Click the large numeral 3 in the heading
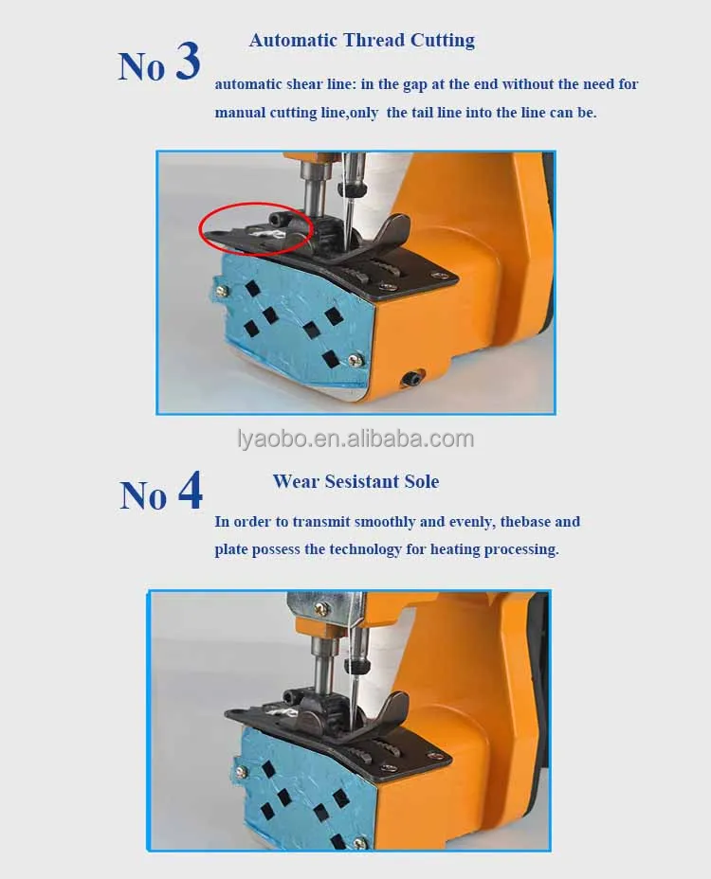[188, 61]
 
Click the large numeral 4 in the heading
[191, 491]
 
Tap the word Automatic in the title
[294, 41]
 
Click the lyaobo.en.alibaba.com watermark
[355, 439]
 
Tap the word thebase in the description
[524, 522]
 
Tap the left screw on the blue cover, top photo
[222, 291]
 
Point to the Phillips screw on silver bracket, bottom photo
[322, 606]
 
